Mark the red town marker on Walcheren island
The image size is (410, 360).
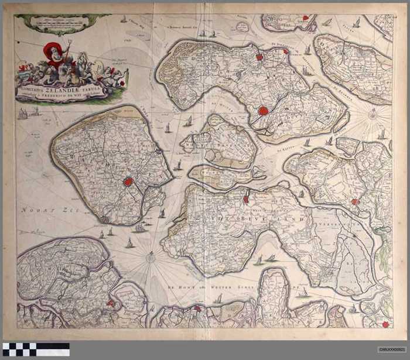128,182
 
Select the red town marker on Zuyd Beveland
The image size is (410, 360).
246,199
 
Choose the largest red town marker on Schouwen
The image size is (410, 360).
264,110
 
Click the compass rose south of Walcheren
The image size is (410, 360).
151,255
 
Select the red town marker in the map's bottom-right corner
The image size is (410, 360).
385,324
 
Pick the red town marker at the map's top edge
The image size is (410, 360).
306,19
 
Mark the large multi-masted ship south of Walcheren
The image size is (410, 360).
139,228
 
